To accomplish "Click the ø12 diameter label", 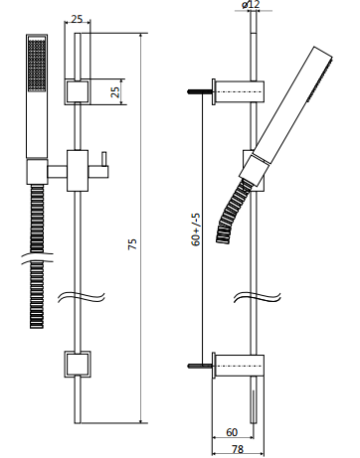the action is pyautogui.click(x=251, y=5).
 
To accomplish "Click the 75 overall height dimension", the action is pyautogui.click(x=132, y=243).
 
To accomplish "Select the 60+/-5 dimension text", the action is pyautogui.click(x=196, y=229).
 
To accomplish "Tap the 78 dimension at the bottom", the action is pyautogui.click(x=238, y=449).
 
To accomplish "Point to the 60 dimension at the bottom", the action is pyautogui.click(x=232, y=432).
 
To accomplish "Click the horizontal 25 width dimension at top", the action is pyautogui.click(x=77, y=19).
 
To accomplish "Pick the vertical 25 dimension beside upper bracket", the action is pyautogui.click(x=114, y=92).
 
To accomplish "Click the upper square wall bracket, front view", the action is pyautogui.click(x=78, y=92).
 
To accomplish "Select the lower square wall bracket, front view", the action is pyautogui.click(x=78, y=365).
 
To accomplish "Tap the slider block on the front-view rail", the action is pyautogui.click(x=78, y=171).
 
